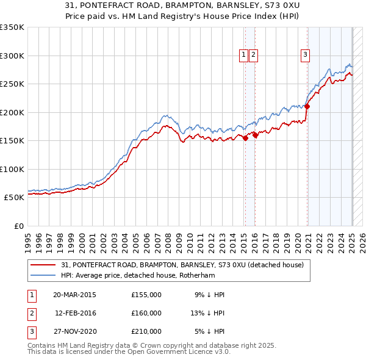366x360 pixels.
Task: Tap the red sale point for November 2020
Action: [x=307, y=107]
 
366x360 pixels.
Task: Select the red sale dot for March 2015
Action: [x=245, y=138]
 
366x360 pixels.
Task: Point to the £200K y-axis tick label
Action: [x=12, y=112]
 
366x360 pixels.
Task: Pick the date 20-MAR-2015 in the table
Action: [x=74, y=295]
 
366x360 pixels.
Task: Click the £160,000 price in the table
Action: [x=146, y=313]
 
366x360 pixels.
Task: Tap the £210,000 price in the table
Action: [x=146, y=331]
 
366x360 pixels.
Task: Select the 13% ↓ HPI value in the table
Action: [x=206, y=313]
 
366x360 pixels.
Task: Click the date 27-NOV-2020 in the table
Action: [x=74, y=331]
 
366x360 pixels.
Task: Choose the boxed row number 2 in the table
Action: [x=31, y=313]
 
